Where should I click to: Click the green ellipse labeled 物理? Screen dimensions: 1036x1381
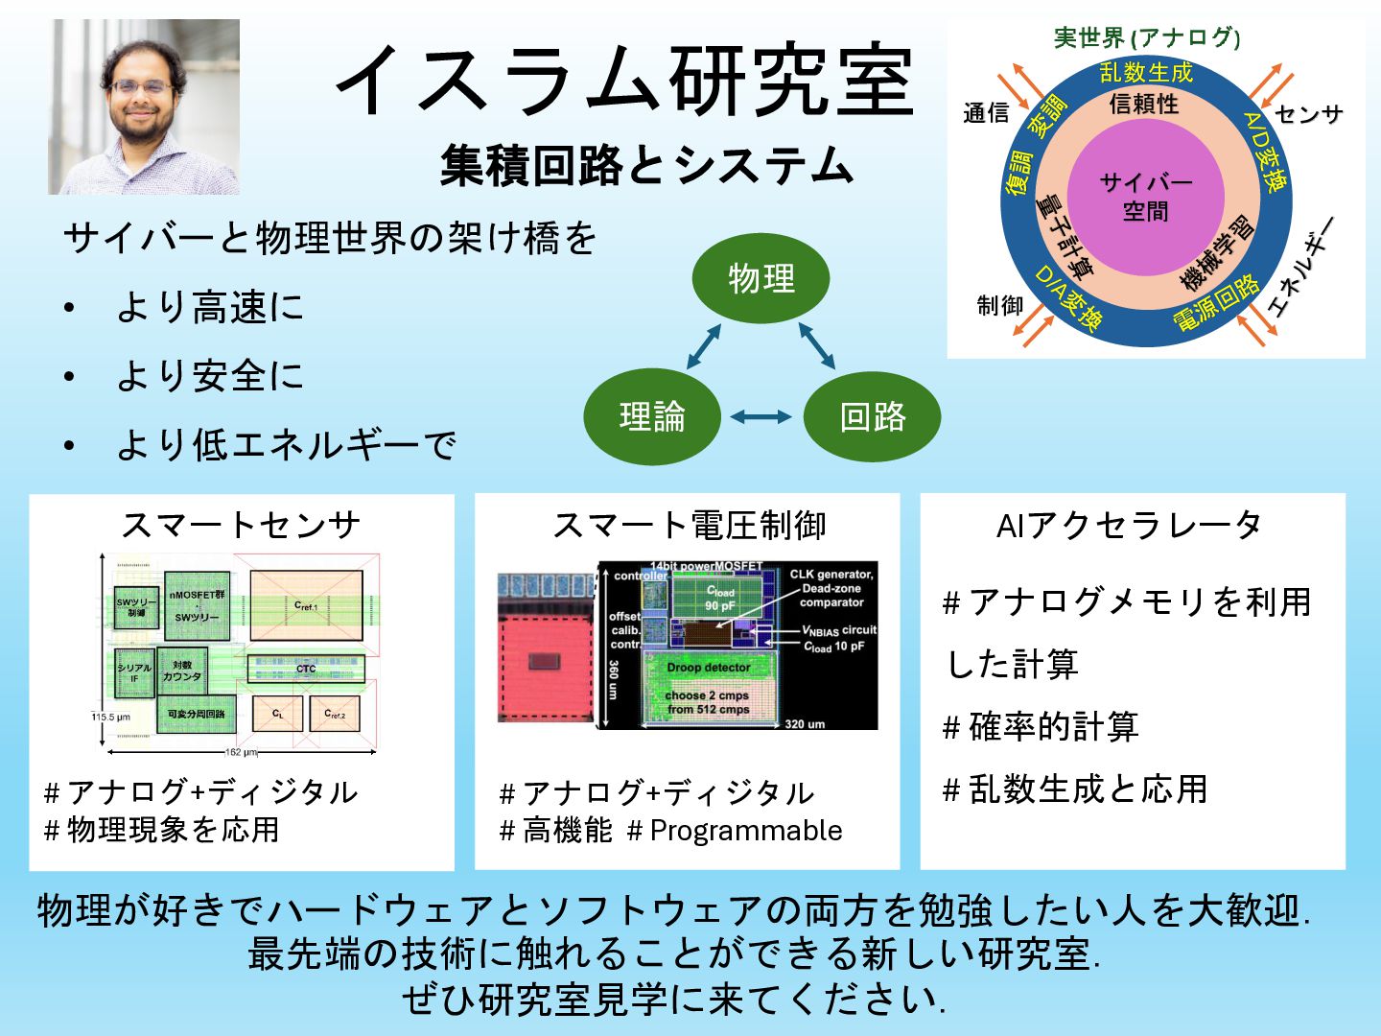pyautogui.click(x=761, y=279)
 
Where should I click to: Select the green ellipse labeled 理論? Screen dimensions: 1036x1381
pyautogui.click(x=652, y=416)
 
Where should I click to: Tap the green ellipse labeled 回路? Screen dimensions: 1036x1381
pyautogui.click(x=872, y=416)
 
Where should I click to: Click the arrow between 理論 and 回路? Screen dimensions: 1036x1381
pyautogui.click(x=761, y=416)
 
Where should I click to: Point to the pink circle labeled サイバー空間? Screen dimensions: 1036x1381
pyautogui.click(x=1145, y=197)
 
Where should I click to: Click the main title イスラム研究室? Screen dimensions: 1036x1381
pyautogui.click(x=624, y=82)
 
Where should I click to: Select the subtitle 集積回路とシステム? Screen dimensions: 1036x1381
pyautogui.click(x=646, y=165)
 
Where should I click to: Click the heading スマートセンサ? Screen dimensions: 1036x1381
pyautogui.click(x=241, y=525)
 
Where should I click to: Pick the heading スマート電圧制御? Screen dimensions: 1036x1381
pyautogui.click(x=689, y=525)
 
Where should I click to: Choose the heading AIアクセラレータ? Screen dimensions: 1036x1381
pyautogui.click(x=1129, y=525)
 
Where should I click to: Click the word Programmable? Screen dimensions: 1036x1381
pyautogui.click(x=746, y=831)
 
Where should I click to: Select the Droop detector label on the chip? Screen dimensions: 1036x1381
pyautogui.click(x=709, y=667)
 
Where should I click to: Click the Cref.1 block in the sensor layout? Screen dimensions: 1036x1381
pyautogui.click(x=306, y=605)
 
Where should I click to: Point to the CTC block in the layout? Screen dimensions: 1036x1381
pyautogui.click(x=306, y=669)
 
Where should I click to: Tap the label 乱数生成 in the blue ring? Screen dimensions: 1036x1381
pyautogui.click(x=1145, y=73)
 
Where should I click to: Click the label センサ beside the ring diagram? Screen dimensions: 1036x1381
pyautogui.click(x=1308, y=115)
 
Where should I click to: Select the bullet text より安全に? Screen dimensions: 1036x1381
pyautogui.click(x=209, y=376)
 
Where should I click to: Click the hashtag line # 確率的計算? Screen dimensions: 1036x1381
pyautogui.click(x=1041, y=726)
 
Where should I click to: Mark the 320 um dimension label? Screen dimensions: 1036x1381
pyautogui.click(x=805, y=724)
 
